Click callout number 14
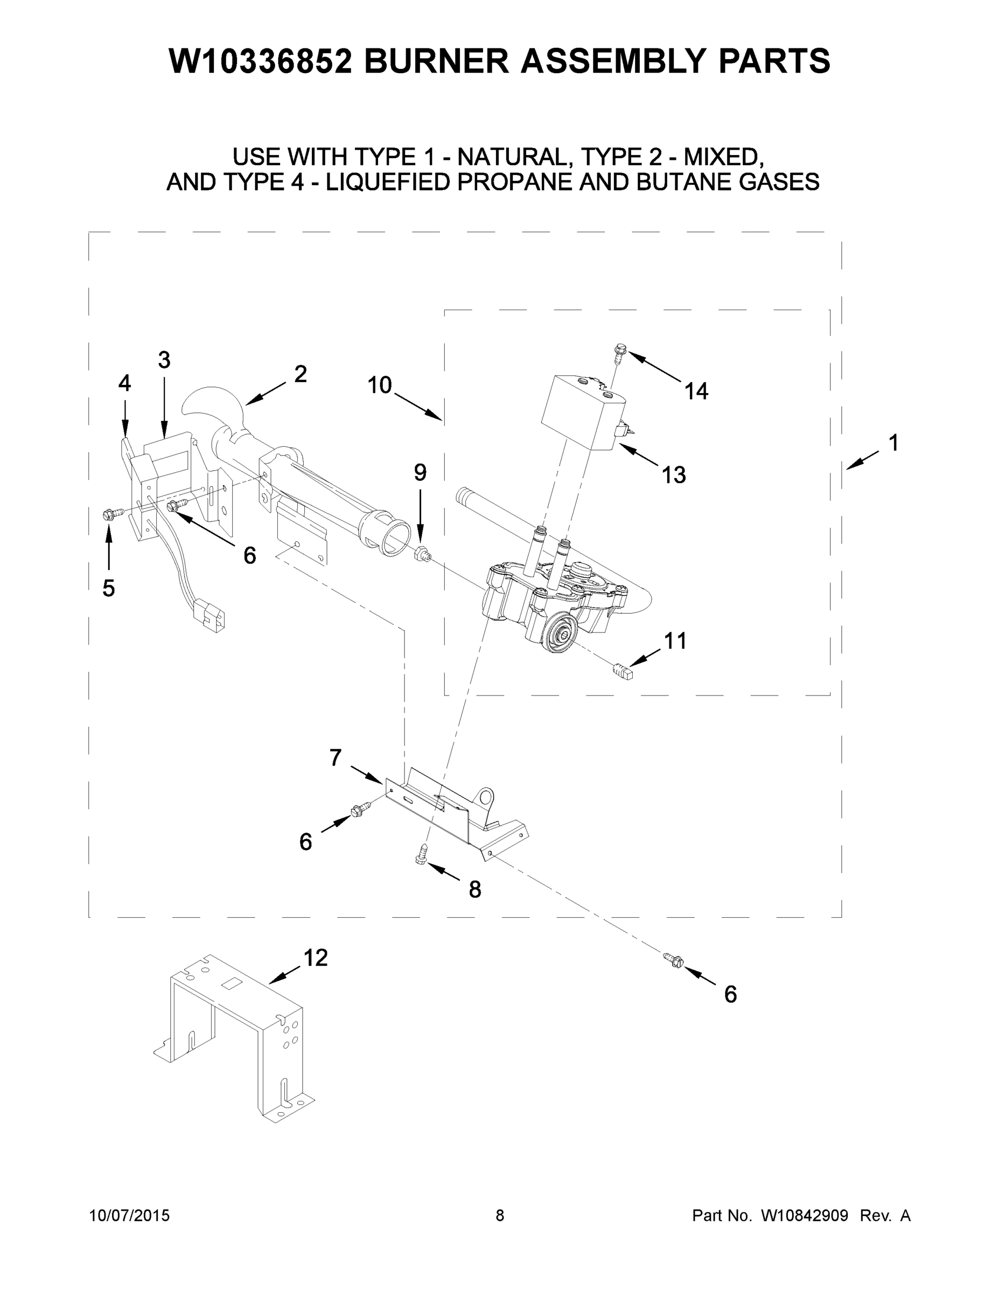pyautogui.click(x=696, y=391)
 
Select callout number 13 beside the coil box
pyautogui.click(x=674, y=474)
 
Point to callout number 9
pyautogui.click(x=420, y=472)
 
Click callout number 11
pyautogui.click(x=675, y=641)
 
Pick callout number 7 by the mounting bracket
pyautogui.click(x=336, y=757)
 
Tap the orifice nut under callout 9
pyautogui.click(x=421, y=555)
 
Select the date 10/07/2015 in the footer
pyautogui.click(x=129, y=1215)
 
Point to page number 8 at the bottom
pyautogui.click(x=500, y=1215)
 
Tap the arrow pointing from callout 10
pyautogui.click(x=419, y=408)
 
